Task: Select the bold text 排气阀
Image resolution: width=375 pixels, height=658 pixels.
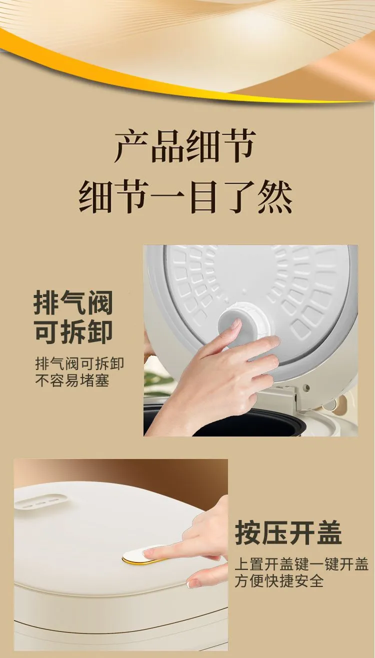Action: click(x=73, y=302)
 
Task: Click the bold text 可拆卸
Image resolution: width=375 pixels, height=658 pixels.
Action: click(x=73, y=332)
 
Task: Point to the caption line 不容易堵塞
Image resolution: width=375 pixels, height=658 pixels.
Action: click(x=72, y=380)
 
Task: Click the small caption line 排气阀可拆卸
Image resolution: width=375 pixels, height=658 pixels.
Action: click(x=79, y=364)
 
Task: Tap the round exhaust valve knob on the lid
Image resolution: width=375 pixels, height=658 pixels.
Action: click(x=243, y=322)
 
